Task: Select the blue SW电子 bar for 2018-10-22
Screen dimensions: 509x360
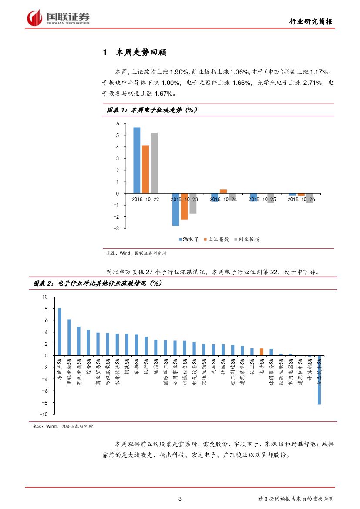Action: click(137, 160)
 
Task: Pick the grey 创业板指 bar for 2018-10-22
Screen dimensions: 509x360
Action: click(154, 163)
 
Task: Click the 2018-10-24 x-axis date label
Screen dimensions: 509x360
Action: click(223, 199)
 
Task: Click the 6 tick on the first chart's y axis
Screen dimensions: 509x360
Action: click(117, 124)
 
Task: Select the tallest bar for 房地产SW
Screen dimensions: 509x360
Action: click(60, 332)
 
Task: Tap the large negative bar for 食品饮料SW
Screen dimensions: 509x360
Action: click(319, 380)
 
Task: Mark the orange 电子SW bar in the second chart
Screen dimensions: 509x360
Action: click(262, 352)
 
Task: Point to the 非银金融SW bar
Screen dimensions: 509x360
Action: click(69, 337)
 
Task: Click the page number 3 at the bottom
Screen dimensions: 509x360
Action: click(180, 499)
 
